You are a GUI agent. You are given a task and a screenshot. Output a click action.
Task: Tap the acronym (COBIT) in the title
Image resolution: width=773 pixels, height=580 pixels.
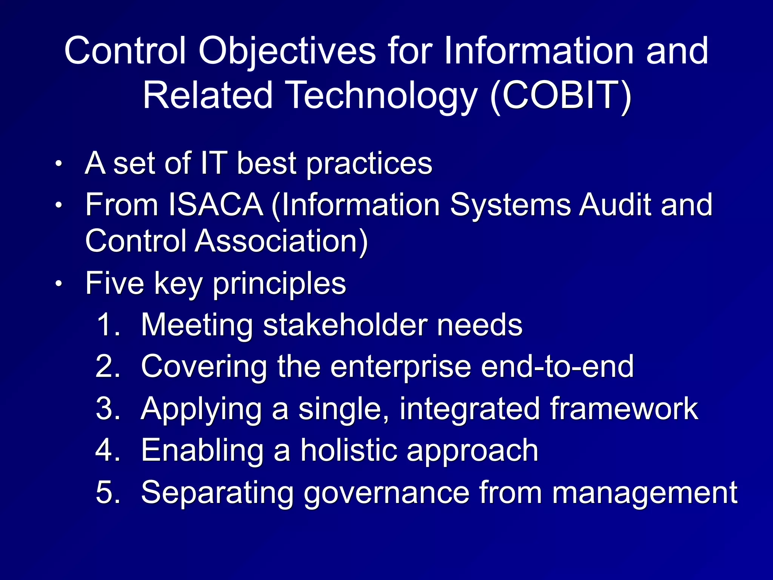pos(561,96)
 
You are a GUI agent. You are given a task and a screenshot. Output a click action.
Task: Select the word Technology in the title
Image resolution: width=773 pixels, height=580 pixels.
pos(382,96)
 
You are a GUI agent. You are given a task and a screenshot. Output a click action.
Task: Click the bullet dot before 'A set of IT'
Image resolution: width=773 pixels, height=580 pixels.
pos(58,164)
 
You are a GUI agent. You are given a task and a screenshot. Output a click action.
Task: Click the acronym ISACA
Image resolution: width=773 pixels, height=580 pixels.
pos(216,205)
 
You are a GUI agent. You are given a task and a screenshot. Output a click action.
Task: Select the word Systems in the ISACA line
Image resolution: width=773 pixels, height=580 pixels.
pos(510,205)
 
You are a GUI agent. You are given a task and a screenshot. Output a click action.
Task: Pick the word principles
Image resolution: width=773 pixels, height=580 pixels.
pos(279,284)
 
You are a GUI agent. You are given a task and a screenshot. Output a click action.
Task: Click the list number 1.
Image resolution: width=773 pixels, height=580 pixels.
pos(108,325)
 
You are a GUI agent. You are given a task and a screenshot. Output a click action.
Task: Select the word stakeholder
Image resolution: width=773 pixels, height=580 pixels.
pos(345,325)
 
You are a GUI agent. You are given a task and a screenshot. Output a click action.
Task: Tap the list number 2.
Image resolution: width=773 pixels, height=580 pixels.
pos(108,366)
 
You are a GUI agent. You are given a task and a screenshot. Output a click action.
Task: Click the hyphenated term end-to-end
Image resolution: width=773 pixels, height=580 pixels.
pos(557,366)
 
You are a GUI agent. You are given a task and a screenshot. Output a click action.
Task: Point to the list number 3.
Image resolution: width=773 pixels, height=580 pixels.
pos(108,409)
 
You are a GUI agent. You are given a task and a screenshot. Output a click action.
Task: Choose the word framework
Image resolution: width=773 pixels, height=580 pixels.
pos(624,409)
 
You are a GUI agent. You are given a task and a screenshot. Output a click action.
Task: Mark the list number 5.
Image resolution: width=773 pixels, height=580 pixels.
pos(108,492)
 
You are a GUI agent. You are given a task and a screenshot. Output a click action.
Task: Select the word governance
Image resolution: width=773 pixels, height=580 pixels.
pos(386,493)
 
